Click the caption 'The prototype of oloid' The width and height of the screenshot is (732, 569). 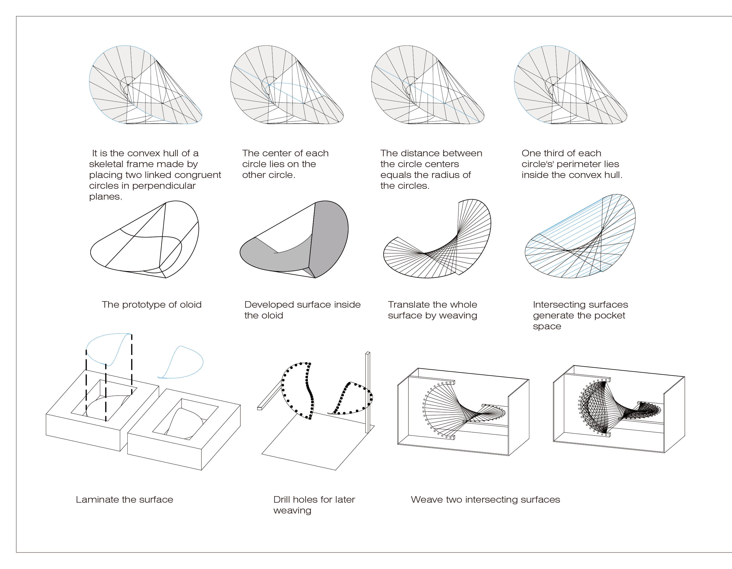[151, 304]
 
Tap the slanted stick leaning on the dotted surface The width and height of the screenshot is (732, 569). [270, 395]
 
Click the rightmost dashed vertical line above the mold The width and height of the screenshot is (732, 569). [132, 363]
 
